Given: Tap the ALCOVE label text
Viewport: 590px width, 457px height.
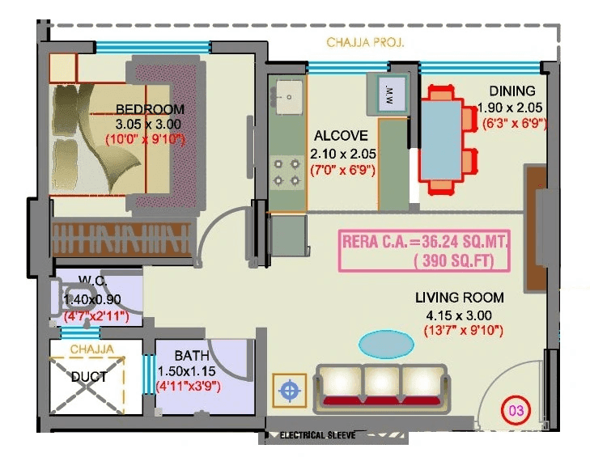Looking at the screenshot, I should click(x=341, y=136).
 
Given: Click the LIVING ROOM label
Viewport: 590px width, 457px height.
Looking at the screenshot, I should click(x=459, y=297).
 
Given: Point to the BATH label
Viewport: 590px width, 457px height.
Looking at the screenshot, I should click(x=192, y=355).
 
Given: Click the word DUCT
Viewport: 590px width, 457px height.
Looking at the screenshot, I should click(x=87, y=376).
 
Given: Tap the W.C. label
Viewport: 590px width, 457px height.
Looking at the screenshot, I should click(x=87, y=281).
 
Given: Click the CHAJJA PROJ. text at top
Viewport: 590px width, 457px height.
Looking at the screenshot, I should click(x=365, y=41).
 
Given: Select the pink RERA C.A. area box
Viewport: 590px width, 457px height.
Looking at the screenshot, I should click(x=426, y=250).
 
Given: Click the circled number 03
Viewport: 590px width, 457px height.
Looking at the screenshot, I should click(x=515, y=410).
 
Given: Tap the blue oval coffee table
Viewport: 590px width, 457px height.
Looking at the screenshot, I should click(x=384, y=344).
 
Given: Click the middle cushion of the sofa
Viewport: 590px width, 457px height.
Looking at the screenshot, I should click(x=384, y=383).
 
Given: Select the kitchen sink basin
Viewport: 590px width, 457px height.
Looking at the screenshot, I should click(x=287, y=98).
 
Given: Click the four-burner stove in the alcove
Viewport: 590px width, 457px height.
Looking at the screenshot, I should click(x=287, y=171).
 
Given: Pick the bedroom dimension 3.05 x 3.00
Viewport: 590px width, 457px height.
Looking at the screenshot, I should click(x=148, y=124).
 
